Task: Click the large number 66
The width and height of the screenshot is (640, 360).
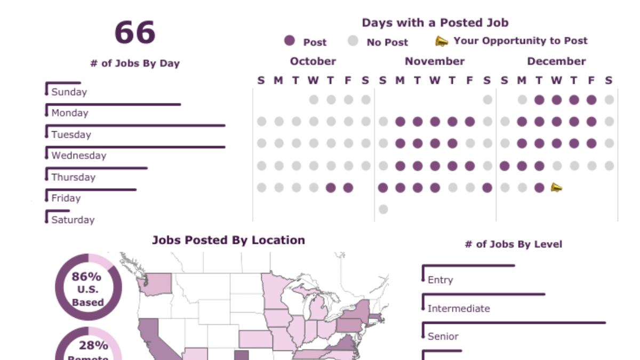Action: (135, 33)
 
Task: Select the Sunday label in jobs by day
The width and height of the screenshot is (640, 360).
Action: (69, 92)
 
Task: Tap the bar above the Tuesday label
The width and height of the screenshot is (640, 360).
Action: (135, 126)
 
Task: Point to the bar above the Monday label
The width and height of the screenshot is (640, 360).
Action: (114, 105)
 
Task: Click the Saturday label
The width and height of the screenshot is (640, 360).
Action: (73, 220)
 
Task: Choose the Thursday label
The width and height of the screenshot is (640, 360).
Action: (73, 177)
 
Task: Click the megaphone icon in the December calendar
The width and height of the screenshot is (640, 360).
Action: (556, 187)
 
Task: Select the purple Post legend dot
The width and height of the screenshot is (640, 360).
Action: (290, 41)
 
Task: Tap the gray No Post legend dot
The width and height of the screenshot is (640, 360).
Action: (353, 41)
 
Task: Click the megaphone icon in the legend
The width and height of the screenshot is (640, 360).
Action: (442, 41)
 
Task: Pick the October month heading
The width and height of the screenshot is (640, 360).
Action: (313, 61)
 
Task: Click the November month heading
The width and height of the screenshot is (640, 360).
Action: (435, 61)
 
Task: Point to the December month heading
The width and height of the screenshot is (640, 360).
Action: (556, 61)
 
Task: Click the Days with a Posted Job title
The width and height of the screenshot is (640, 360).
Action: (435, 23)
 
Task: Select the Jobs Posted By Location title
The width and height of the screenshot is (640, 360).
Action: (228, 241)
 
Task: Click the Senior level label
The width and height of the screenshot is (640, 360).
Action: (443, 337)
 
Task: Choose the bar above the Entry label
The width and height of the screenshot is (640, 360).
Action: (468, 265)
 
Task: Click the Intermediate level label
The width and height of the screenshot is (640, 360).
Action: (458, 308)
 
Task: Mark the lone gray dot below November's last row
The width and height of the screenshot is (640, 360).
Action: (383, 209)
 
